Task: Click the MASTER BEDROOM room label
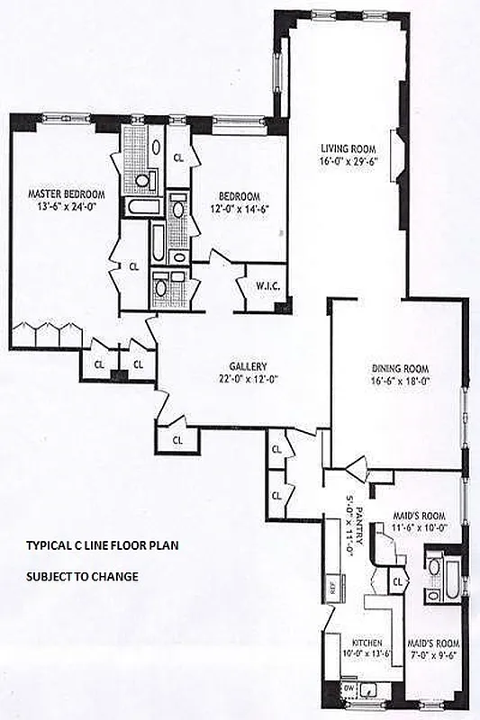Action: pyautogui.click(x=66, y=193)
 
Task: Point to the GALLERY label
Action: pyautogui.click(x=245, y=366)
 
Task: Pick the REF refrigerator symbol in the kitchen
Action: pyautogui.click(x=331, y=590)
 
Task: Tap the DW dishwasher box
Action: pyautogui.click(x=350, y=688)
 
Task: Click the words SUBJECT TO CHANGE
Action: pyautogui.click(x=81, y=577)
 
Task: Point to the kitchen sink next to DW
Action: pyautogui.click(x=370, y=689)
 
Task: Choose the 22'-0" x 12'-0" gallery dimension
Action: pyautogui.click(x=245, y=380)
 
